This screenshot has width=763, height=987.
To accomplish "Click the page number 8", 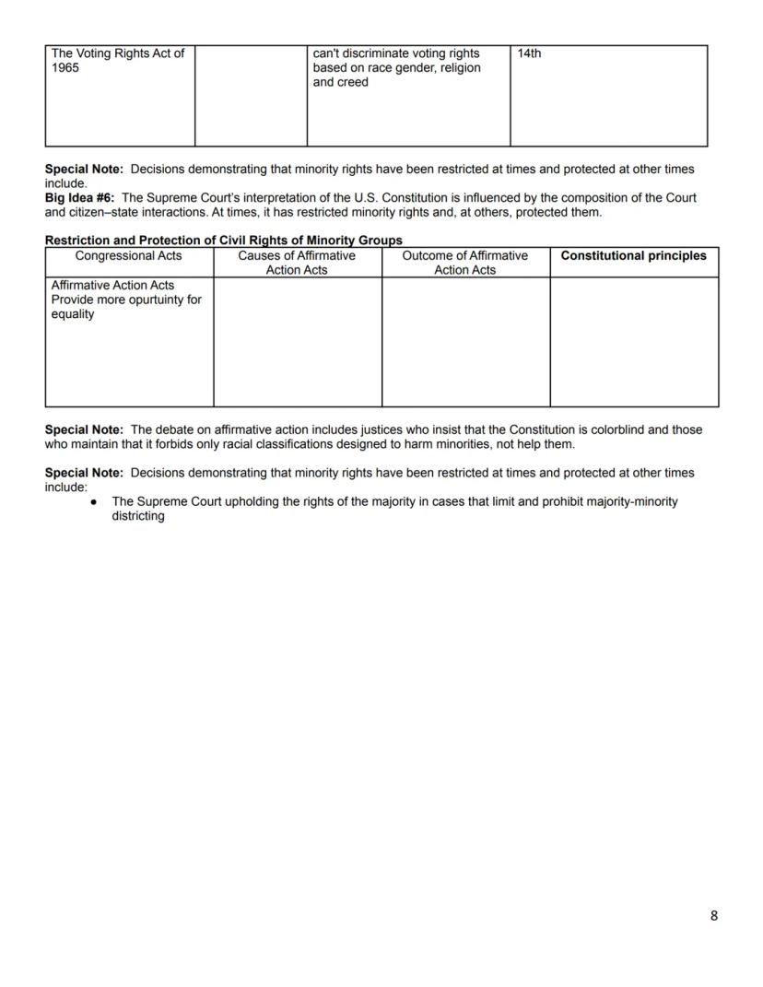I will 713,915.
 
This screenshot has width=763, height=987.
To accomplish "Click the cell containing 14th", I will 529,53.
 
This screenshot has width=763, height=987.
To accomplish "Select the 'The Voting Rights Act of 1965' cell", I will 119,61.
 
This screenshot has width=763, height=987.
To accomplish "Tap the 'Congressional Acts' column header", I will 128,256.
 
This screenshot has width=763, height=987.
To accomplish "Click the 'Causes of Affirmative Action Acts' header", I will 297,263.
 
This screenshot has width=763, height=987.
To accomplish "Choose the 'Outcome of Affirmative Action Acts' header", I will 465,263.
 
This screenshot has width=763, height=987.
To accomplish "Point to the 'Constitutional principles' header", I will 633,256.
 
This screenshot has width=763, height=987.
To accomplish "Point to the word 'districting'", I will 138,516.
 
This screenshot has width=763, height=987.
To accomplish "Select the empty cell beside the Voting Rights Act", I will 251,96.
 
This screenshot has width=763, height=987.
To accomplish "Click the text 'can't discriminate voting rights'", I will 396,53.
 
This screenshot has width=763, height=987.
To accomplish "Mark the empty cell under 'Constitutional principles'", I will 634,342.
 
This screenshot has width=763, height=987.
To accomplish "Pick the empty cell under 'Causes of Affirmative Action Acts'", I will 297,342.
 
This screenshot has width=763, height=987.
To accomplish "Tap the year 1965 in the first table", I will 65,68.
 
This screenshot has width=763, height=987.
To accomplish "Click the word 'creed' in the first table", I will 354,83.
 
